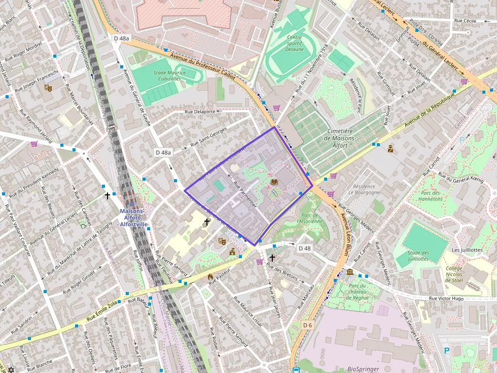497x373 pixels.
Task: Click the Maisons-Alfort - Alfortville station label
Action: point(133,218)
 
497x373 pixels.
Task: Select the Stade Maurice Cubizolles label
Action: point(170,75)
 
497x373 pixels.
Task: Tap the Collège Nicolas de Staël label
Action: point(458,275)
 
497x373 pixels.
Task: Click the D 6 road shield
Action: point(307,324)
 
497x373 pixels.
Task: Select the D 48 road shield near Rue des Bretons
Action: point(304,248)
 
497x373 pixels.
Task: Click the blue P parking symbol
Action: point(447,350)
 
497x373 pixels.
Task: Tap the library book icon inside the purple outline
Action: point(274,182)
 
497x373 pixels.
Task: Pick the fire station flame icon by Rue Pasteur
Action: point(210,277)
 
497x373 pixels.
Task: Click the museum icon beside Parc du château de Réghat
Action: point(350,273)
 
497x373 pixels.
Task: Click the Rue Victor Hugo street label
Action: point(446,299)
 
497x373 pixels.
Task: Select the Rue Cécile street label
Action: point(466,21)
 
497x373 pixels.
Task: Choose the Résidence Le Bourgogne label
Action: point(365,189)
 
